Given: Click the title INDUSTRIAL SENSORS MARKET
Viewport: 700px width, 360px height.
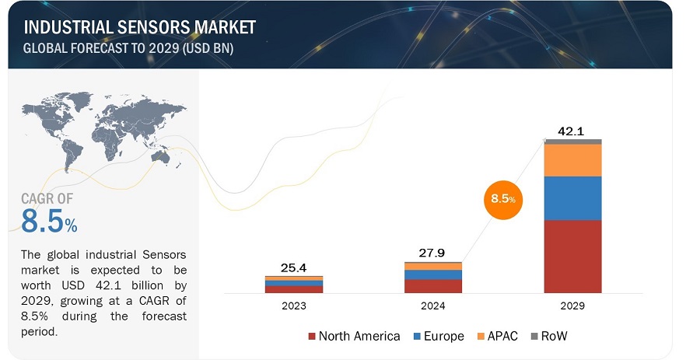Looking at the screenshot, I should tap(140, 27).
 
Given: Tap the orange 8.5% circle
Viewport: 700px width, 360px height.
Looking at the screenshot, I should tap(501, 200).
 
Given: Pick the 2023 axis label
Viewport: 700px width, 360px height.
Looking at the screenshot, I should tap(293, 306).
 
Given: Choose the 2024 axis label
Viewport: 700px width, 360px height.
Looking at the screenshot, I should tap(432, 306).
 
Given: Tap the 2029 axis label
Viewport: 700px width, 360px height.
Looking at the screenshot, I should tap(572, 306).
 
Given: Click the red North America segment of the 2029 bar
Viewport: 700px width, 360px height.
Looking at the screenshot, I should tap(572, 256).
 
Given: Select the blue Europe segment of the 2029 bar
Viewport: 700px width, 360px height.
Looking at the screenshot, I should tap(572, 198).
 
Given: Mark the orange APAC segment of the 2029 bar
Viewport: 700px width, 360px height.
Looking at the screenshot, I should tap(572, 160).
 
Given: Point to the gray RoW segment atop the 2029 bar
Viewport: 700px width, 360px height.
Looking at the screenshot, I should tap(572, 142).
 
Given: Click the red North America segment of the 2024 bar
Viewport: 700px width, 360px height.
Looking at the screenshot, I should tap(432, 285).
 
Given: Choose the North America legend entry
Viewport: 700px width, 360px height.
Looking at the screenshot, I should tap(355, 336).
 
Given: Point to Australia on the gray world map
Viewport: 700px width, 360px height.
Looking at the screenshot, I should tap(161, 157).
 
